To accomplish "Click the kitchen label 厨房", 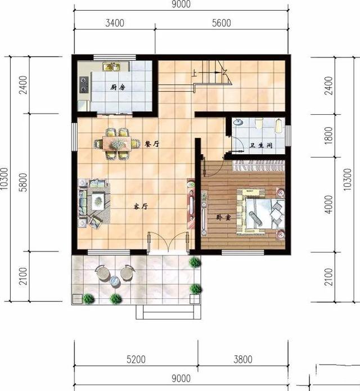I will [x=118, y=88].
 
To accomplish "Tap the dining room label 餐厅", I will [x=152, y=144].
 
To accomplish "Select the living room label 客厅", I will [x=140, y=206].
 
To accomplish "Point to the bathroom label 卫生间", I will [x=261, y=145].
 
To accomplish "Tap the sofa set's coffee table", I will [x=98, y=200].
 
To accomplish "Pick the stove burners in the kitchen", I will [x=85, y=84].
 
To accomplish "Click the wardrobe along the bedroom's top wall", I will [x=259, y=165].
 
